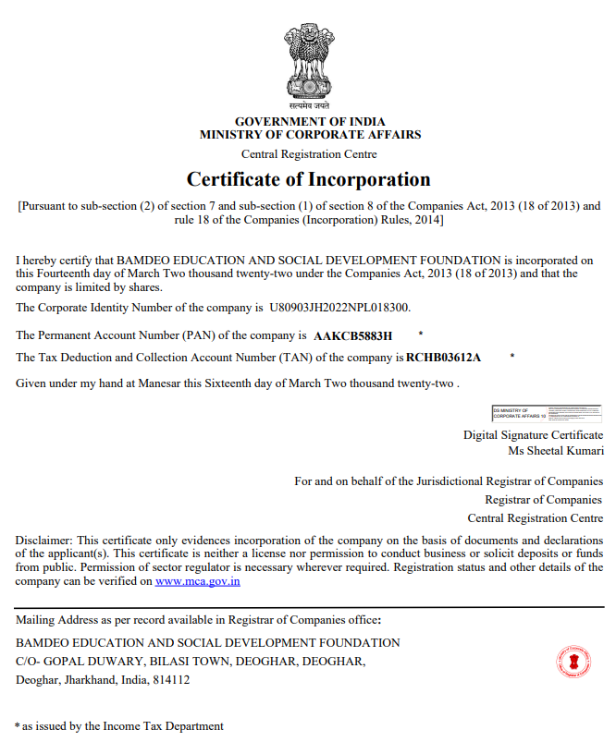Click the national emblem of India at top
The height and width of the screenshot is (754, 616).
(x=309, y=62)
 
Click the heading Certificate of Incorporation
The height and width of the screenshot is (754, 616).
(x=309, y=178)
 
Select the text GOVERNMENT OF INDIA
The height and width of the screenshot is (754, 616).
(x=310, y=122)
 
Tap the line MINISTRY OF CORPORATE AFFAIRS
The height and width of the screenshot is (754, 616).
(x=310, y=135)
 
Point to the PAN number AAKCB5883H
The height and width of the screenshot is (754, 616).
(x=353, y=335)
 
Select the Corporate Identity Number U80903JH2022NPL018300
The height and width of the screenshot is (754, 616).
(x=339, y=306)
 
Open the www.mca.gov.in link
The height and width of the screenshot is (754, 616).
(x=198, y=581)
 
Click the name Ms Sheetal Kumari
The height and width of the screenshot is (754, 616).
(x=556, y=451)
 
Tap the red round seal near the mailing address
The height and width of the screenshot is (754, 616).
(x=573, y=662)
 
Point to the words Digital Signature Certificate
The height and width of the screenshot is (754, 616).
(x=533, y=434)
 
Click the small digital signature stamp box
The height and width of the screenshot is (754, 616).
(x=546, y=413)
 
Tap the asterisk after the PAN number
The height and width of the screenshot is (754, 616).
(x=421, y=333)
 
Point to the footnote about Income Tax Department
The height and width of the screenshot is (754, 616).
(x=120, y=726)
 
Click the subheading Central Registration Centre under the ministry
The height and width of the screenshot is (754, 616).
(x=309, y=154)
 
